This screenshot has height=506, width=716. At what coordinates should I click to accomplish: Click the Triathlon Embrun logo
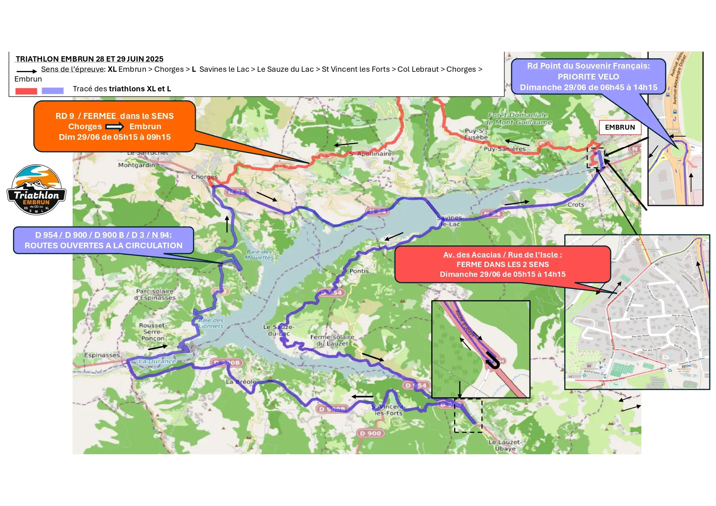[36, 190]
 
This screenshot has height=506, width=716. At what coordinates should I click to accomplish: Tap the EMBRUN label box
[620, 127]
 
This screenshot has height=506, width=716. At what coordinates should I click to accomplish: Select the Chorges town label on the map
[204, 177]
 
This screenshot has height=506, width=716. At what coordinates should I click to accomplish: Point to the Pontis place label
[359, 271]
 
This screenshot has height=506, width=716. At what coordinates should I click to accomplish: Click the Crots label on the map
[576, 205]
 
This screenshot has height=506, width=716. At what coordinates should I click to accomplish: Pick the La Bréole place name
[241, 382]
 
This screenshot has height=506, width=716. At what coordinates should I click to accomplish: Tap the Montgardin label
[136, 165]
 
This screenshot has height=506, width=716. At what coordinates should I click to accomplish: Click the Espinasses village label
[102, 355]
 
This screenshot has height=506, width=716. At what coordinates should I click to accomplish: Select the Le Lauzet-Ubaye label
[505, 445]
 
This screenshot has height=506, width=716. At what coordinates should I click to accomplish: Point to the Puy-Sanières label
[505, 149]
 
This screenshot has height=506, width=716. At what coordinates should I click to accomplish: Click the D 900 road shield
[370, 433]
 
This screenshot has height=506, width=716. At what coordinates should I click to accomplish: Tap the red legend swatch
[26, 91]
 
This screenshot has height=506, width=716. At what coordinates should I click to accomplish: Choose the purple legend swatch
[53, 91]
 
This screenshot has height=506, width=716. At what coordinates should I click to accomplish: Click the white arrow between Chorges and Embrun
[115, 127]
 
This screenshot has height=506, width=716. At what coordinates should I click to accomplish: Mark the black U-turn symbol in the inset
[493, 362]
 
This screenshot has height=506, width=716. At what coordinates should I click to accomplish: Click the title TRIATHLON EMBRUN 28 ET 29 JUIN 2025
[89, 59]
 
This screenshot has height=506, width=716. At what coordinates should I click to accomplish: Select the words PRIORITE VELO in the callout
[588, 77]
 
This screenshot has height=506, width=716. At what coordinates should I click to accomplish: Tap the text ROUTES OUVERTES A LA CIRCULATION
[104, 245]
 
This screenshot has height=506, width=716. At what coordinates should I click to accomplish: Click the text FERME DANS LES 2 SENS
[503, 264]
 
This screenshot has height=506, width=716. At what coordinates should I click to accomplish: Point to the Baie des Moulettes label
[259, 254]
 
